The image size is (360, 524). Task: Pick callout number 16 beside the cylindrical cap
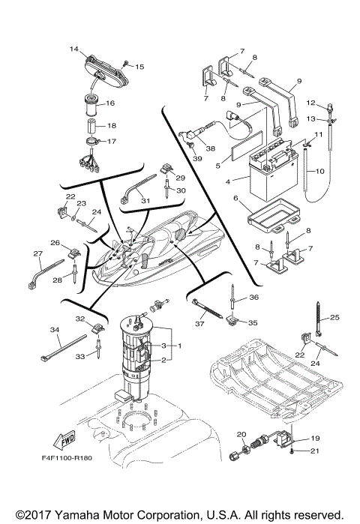(109, 103)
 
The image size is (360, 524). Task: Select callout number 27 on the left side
(37, 253)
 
